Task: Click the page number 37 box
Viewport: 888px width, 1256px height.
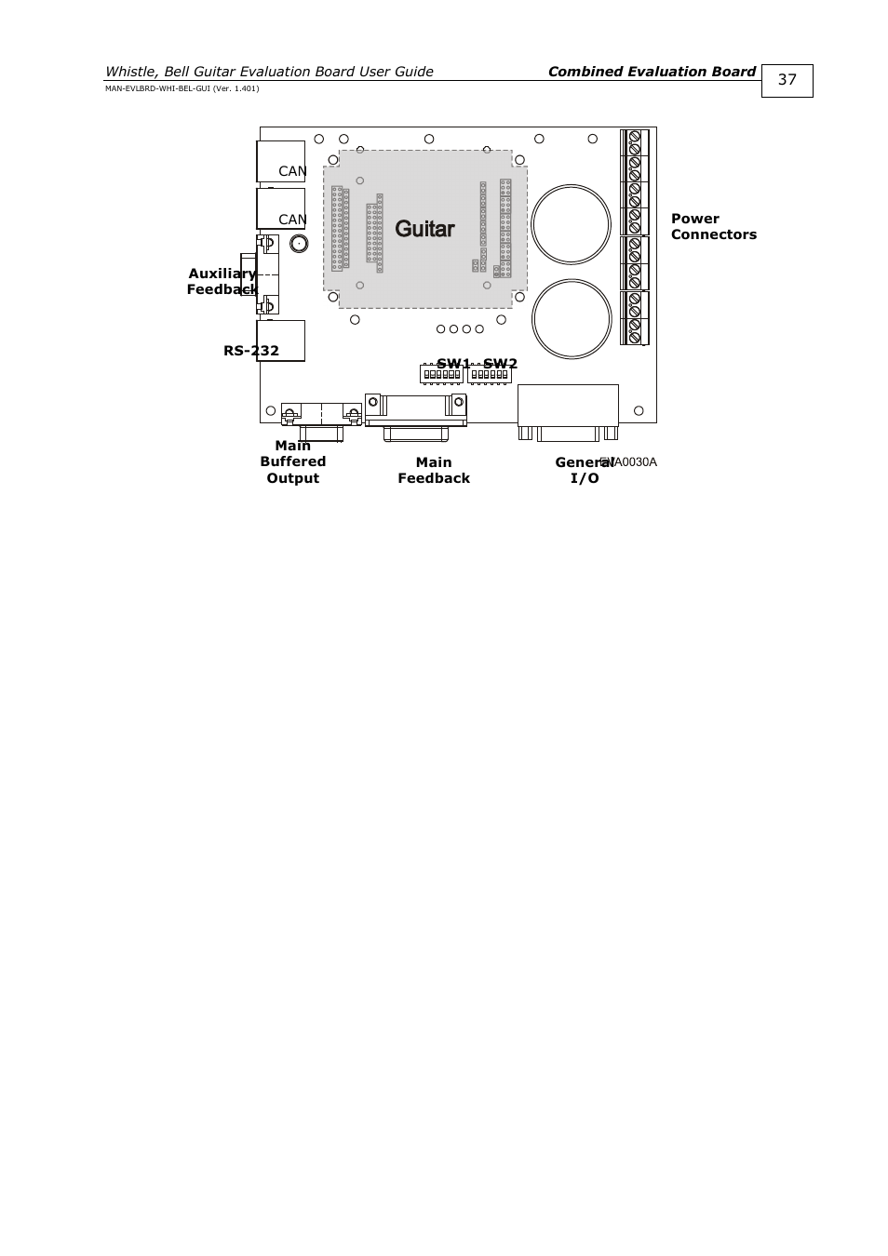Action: click(x=787, y=80)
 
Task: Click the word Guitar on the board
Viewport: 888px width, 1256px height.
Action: click(x=424, y=229)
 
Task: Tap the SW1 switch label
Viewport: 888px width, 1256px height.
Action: click(x=453, y=364)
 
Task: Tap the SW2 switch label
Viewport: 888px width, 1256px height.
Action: click(x=500, y=364)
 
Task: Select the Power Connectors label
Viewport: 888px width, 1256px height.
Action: click(x=713, y=227)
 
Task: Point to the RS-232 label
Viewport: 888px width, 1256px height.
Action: click(x=250, y=351)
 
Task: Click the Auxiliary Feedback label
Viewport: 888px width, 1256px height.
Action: click(x=222, y=281)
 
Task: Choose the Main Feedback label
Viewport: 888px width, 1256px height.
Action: click(x=434, y=470)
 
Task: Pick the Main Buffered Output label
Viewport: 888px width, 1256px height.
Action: click(x=293, y=461)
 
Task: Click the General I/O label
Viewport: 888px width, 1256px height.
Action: click(x=583, y=470)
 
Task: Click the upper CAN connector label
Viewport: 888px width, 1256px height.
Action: click(x=292, y=171)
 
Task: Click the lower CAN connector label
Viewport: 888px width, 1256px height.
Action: click(x=292, y=220)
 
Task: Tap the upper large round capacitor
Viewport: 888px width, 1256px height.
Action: click(x=571, y=224)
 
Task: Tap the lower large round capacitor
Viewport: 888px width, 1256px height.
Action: click(x=571, y=319)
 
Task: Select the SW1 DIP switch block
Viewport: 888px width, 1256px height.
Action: click(x=441, y=375)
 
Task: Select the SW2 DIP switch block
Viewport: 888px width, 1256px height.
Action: click(x=490, y=375)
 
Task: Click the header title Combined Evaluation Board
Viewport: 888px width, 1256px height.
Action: click(x=652, y=72)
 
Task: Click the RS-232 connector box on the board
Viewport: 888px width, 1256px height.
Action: click(x=281, y=341)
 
